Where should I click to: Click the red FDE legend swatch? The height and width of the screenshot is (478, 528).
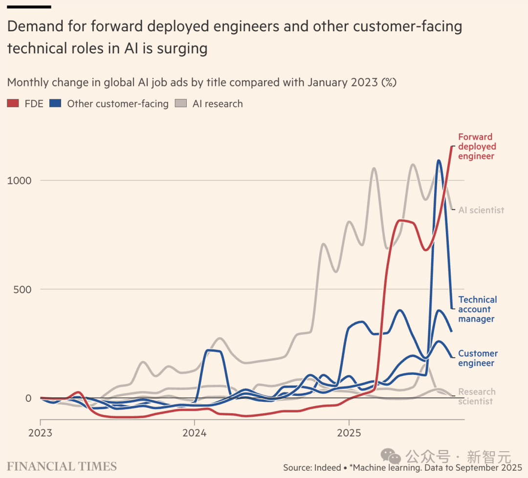(x=13, y=104)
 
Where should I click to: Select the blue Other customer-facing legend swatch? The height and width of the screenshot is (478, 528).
(x=55, y=104)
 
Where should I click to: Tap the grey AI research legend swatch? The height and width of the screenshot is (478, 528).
(x=180, y=104)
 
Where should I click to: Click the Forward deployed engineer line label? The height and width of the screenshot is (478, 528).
(x=477, y=147)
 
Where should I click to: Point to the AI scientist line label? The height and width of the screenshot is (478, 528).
(x=481, y=210)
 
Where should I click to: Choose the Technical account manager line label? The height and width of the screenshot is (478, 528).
(x=477, y=309)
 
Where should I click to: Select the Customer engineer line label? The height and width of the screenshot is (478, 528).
(x=478, y=358)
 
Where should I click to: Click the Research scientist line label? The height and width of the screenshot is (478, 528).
(x=477, y=396)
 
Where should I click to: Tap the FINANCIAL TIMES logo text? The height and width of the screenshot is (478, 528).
(x=62, y=466)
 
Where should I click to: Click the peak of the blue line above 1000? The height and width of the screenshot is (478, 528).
(x=439, y=160)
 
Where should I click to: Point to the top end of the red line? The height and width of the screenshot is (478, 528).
(x=451, y=146)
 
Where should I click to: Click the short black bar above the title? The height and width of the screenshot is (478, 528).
(x=29, y=7)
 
